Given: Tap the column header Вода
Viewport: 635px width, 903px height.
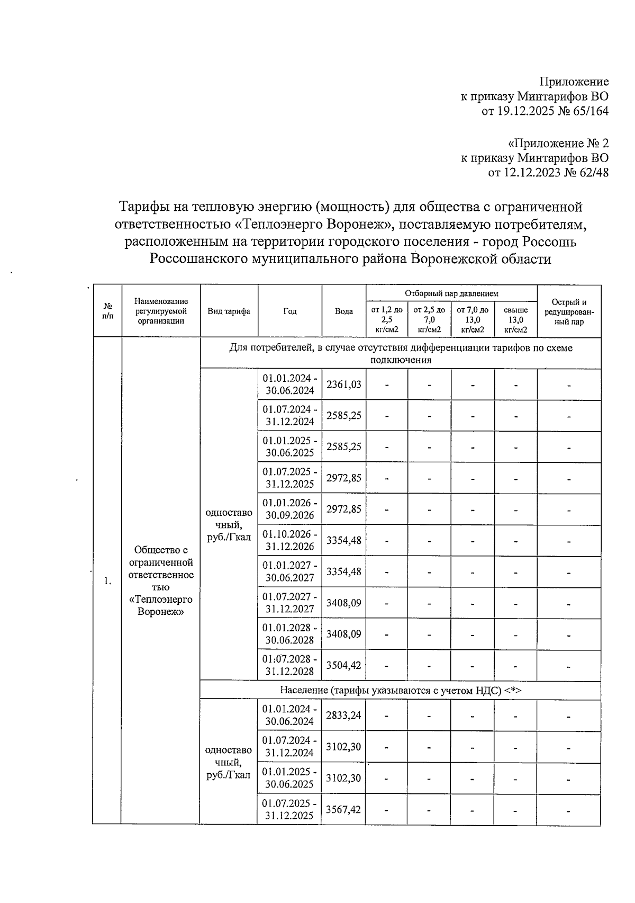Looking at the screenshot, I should (x=344, y=311).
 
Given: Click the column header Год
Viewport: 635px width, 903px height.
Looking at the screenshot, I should (x=289, y=311).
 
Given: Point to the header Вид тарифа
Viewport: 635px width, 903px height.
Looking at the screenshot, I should (x=229, y=311).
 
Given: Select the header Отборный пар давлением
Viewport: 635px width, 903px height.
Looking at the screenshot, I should (x=451, y=293).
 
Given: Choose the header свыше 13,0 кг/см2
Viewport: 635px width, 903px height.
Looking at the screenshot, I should (x=515, y=320).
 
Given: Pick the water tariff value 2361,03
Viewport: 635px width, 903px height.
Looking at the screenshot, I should (x=344, y=385).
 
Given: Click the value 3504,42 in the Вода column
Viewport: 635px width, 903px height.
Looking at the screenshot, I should (x=344, y=665).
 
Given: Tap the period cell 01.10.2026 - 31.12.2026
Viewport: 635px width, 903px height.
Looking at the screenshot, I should (x=289, y=540).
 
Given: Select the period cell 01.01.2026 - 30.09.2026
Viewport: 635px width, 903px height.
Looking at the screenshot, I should (x=289, y=509).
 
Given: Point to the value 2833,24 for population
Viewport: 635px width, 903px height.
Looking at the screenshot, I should (x=344, y=716).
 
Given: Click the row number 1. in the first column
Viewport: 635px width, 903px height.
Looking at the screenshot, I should (x=107, y=581).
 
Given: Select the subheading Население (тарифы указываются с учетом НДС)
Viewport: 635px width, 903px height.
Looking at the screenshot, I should (x=400, y=690).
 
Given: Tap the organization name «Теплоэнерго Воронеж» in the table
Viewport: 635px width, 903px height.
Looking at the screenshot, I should (x=161, y=605).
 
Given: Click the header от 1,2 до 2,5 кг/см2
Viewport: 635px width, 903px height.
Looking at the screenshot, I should (x=387, y=320).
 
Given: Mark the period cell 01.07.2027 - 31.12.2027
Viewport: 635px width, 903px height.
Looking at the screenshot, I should (x=289, y=603).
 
